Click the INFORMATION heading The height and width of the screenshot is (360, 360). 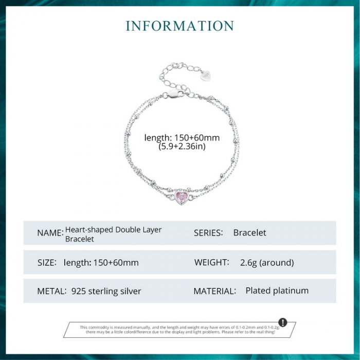pos(179,26)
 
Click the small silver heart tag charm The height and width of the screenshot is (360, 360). pos(207,76)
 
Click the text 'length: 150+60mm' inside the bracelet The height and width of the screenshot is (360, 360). pos(182,137)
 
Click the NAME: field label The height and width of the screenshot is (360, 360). pos(50,233)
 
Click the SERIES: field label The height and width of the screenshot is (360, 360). pos(208,233)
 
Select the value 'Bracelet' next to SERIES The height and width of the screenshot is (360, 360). pos(250,233)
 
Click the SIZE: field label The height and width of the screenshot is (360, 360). pos(46,262)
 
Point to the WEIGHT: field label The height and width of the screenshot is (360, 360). pos(212,262)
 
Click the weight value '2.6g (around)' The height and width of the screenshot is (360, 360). pos(267,262)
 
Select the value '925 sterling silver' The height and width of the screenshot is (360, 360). pos(106,291)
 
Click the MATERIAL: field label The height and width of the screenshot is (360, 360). pos(214,291)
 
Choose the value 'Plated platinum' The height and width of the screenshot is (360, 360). pos(277,291)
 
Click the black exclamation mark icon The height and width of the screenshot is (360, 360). pos(282,322)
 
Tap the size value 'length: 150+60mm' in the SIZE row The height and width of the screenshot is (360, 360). pos(101,262)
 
